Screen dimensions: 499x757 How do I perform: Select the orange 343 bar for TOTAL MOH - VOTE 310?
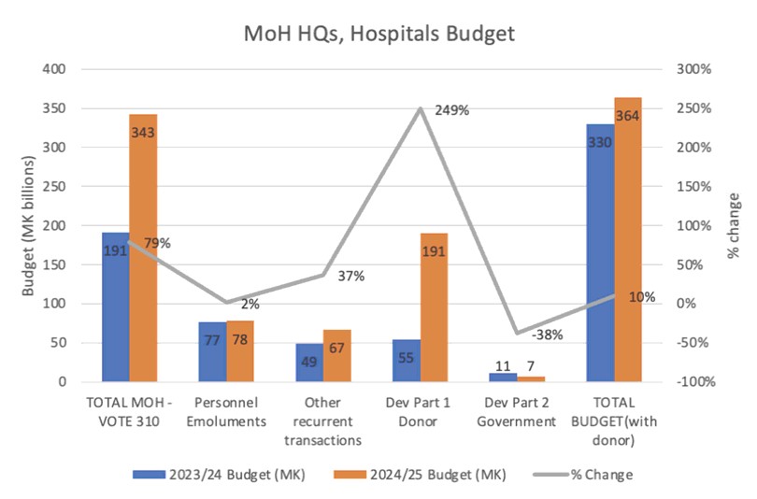click(143, 248)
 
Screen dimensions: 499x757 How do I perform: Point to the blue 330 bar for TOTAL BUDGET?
click(600, 252)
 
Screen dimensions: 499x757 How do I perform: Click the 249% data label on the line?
click(451, 110)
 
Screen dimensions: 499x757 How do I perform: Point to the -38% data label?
click(547, 334)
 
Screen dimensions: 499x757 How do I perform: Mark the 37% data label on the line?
click(351, 277)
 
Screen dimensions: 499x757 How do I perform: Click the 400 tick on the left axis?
click(53, 69)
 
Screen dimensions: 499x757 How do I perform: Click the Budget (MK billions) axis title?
click(28, 225)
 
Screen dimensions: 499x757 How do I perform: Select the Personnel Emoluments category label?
click(226, 412)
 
